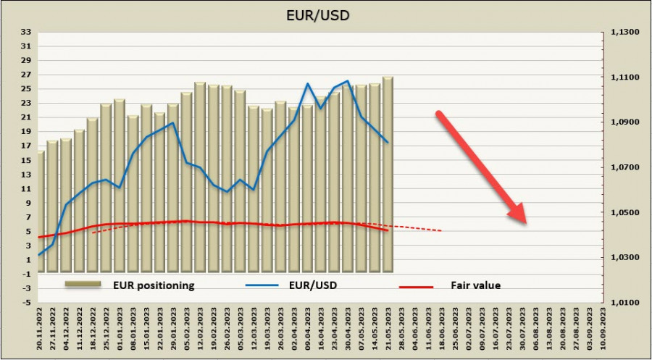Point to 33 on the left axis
pyautogui.click(x=27, y=32)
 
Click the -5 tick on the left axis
pyautogui.click(x=27, y=302)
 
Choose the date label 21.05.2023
pyautogui.click(x=388, y=330)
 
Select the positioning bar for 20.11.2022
pyautogui.click(x=40, y=217)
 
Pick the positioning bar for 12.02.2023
pyautogui.click(x=200, y=181)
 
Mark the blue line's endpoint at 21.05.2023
pyautogui.click(x=388, y=142)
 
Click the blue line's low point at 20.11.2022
pyautogui.click(x=38, y=255)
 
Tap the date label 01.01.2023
pyautogui.click(x=120, y=330)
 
